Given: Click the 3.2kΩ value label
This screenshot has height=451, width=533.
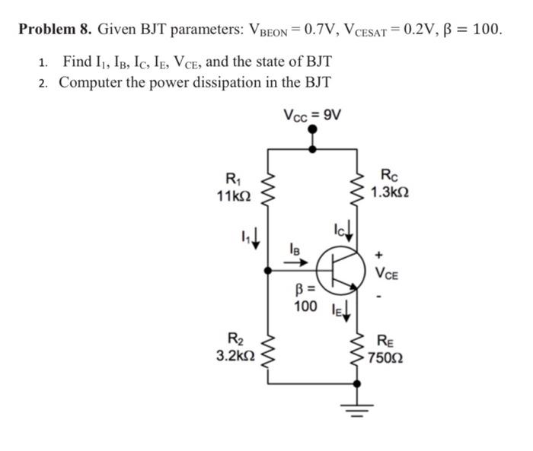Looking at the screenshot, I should (230, 354).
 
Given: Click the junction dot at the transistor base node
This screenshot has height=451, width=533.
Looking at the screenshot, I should (268, 270).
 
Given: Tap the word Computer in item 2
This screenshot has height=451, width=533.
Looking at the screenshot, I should (94, 81).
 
